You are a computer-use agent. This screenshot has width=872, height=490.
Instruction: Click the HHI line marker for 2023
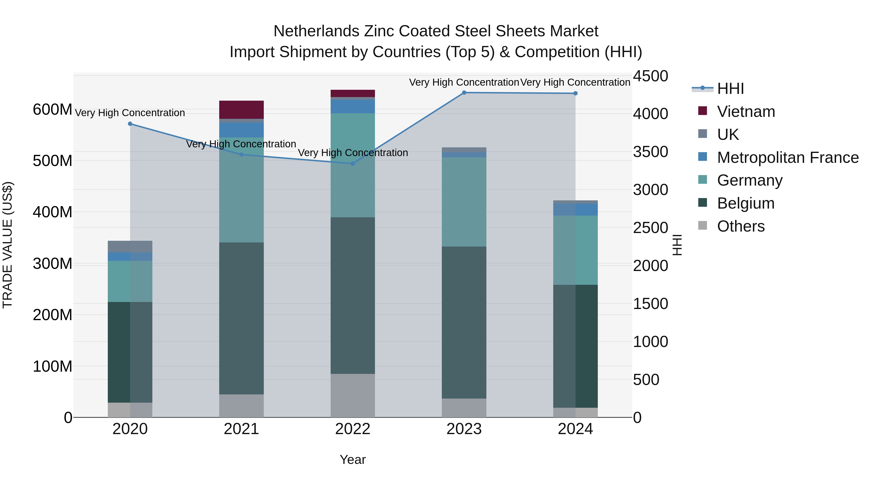[464, 93]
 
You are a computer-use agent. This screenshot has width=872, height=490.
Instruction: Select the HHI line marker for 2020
[130, 124]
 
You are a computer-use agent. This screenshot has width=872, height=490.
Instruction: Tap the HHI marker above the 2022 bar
[352, 164]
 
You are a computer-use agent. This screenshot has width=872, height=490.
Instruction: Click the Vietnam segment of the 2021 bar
[241, 110]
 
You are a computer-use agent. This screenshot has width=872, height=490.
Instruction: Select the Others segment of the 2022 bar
[352, 395]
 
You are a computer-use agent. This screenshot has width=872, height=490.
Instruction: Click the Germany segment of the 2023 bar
[464, 202]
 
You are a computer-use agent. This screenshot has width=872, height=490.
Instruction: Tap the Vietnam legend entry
[746, 112]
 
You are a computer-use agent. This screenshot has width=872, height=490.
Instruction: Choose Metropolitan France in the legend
[787, 158]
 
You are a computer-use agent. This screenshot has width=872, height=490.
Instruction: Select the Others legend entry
[741, 226]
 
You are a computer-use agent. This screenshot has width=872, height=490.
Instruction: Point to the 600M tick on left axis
[53, 110]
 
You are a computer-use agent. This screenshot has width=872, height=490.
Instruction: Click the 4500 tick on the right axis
[650, 76]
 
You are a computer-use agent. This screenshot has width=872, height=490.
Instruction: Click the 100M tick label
[53, 366]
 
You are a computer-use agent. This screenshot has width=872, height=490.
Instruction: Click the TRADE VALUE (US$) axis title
[8, 245]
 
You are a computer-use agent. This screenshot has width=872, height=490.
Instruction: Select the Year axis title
[352, 460]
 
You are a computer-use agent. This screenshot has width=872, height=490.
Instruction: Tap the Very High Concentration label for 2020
[130, 113]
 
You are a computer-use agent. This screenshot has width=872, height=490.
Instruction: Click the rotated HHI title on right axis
[677, 245]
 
